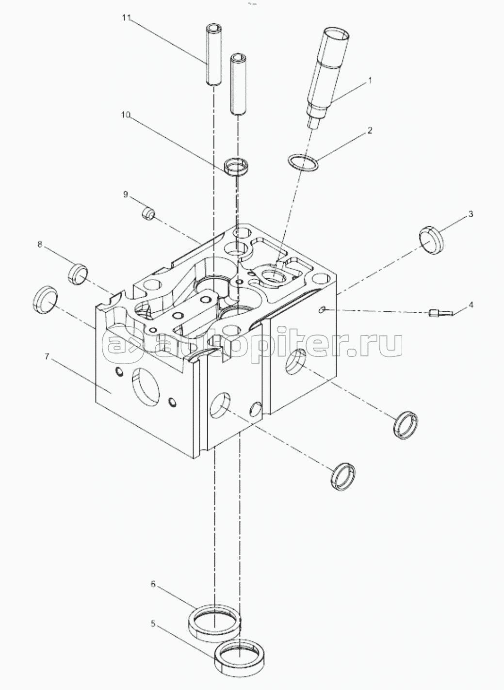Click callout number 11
coord(127,17)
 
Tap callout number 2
coord(369,131)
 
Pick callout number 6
coord(153,584)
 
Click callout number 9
coord(126,194)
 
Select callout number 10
coord(126,115)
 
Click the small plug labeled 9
coord(148,213)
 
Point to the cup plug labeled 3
coord(430,239)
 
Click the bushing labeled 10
coord(237,167)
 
